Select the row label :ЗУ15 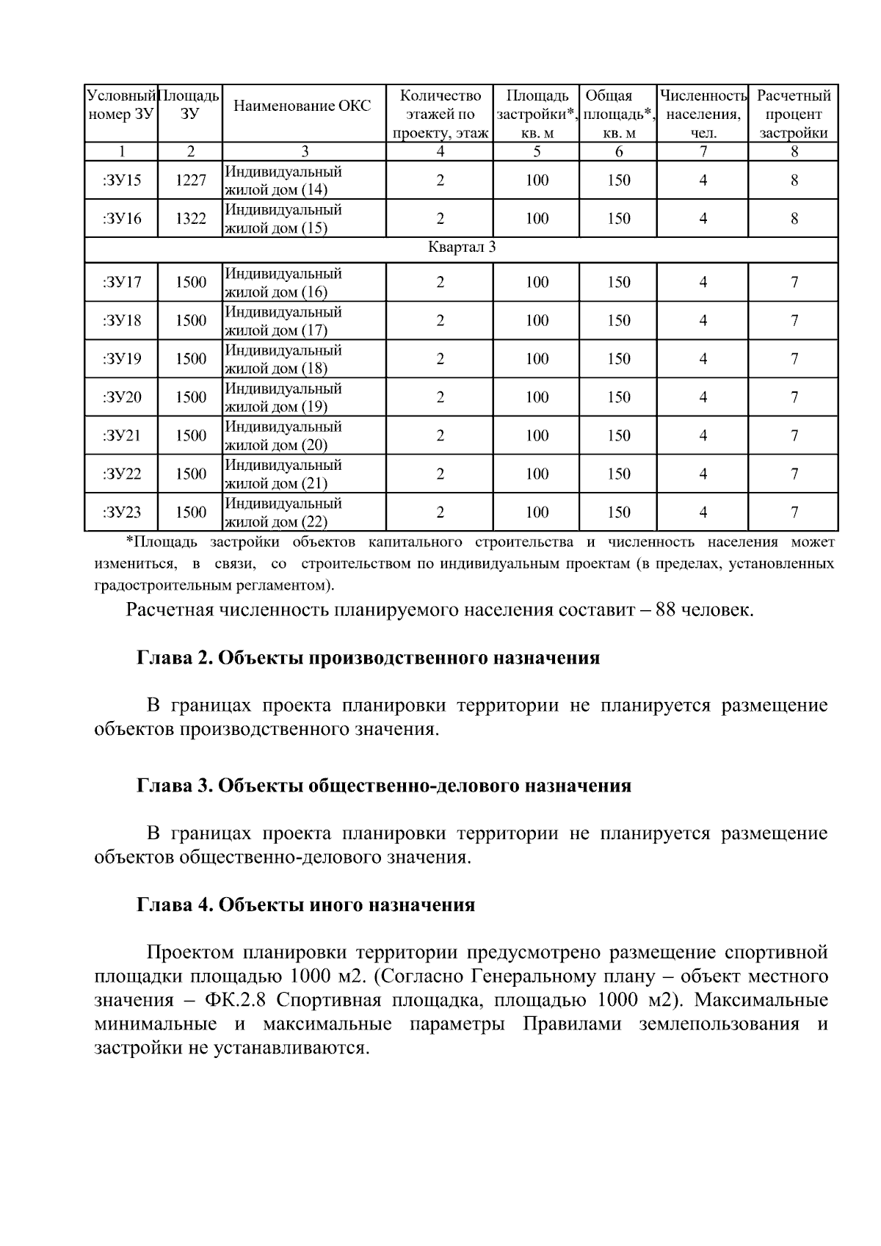[x=122, y=181]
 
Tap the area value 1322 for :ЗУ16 [x=190, y=219]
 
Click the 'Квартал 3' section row [x=461, y=247]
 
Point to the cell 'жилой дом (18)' [x=275, y=369]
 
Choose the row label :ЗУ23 [x=122, y=512]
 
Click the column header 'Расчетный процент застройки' [x=793, y=115]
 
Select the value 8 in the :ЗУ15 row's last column [x=794, y=181]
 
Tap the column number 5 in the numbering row [x=537, y=152]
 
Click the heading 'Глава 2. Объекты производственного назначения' [x=369, y=658]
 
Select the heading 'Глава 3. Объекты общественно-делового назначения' [x=384, y=786]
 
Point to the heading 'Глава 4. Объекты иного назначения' [x=306, y=905]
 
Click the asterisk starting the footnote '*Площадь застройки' [x=129, y=542]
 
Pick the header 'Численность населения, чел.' [x=703, y=115]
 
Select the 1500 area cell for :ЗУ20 [x=190, y=397]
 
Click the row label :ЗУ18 [x=122, y=321]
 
